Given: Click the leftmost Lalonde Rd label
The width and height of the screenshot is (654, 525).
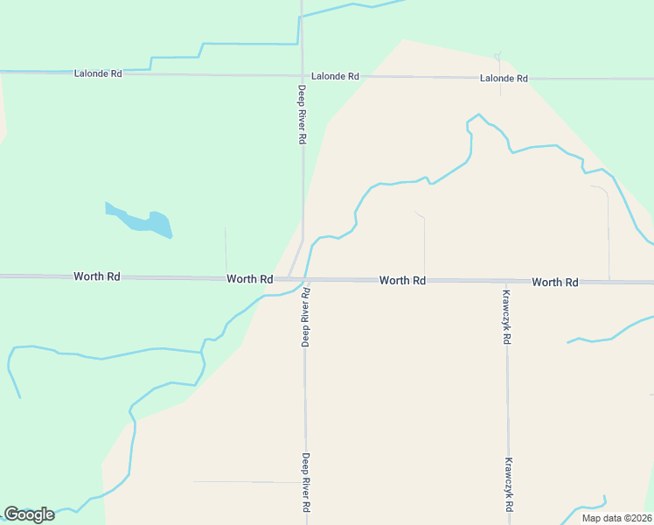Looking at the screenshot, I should (x=97, y=73).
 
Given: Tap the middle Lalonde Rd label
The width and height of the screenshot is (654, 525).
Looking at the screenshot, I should (x=335, y=76).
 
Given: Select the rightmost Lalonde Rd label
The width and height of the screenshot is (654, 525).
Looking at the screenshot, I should (x=504, y=78).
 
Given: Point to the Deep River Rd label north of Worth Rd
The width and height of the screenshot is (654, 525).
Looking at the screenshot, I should (x=302, y=115).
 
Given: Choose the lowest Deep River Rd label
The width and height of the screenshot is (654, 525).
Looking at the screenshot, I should (x=306, y=482).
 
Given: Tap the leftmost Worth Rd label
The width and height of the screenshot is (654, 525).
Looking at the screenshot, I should (x=97, y=276).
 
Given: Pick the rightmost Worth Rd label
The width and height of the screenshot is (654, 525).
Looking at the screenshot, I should (x=555, y=282).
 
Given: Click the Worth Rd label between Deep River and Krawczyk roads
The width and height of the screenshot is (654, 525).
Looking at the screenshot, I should (x=402, y=281).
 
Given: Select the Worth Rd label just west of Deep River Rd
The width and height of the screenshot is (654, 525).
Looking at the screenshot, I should (x=250, y=278).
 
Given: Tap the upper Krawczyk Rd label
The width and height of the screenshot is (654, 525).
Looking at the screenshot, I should (x=507, y=316).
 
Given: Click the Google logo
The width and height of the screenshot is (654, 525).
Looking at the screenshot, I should (x=29, y=514).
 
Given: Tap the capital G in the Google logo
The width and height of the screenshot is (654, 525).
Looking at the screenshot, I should (x=11, y=514).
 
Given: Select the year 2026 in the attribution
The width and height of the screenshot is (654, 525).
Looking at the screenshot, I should (x=638, y=518).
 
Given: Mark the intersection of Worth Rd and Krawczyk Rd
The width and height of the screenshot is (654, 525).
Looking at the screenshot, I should (x=507, y=282).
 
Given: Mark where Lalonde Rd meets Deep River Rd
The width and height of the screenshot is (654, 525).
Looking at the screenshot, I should (x=302, y=76).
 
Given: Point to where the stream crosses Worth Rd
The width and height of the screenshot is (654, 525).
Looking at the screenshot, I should (x=306, y=280).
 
